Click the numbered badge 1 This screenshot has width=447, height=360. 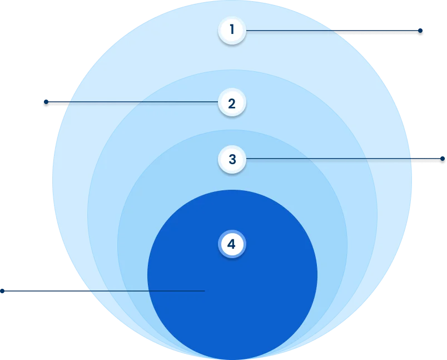tap(232, 30)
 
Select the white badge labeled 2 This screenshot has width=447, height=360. tap(232, 102)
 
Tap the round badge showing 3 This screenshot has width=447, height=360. tap(232, 159)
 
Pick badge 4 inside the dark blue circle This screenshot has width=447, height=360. tap(232, 244)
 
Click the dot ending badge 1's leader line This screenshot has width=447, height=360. tap(420, 31)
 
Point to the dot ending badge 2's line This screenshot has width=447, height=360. tap(46, 102)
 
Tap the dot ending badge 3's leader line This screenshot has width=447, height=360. tap(443, 159)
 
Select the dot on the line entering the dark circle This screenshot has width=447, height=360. tap(2, 291)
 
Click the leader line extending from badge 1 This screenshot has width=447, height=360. tap(333, 31)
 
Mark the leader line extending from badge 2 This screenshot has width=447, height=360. tap(132, 102)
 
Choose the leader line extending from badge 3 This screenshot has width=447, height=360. tap(344, 159)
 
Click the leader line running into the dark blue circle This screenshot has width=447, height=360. tap(104, 291)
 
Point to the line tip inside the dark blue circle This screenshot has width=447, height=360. tap(205, 291)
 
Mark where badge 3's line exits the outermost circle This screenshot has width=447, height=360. tap(411, 159)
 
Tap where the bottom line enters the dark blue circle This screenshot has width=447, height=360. tap(149, 291)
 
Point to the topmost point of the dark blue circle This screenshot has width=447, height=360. tap(232, 190)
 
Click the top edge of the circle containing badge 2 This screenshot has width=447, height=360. tap(232, 70)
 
